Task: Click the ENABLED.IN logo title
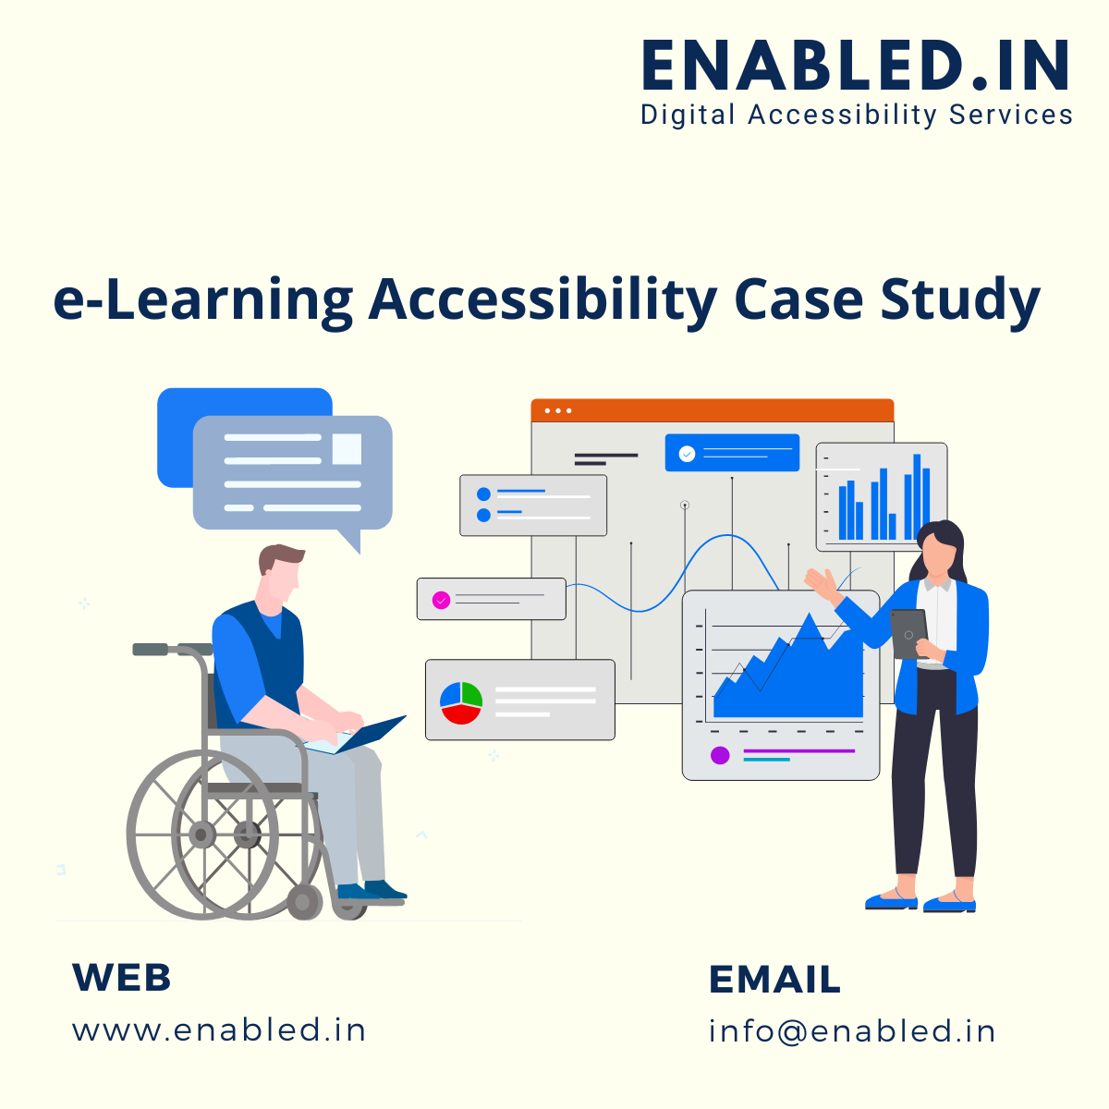pos(855,65)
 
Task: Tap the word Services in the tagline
pos(1011,115)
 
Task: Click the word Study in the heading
pos(959,301)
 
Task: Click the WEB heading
pos(121,977)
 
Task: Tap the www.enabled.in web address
pos(219,1030)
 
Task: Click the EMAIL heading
pos(774,979)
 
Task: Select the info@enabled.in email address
pos(852,1030)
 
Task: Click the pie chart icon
pos(460,702)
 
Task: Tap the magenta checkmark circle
pos(441,601)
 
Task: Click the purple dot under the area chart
pos(720,755)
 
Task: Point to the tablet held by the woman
pos(908,634)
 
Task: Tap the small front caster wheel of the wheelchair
pos(304,902)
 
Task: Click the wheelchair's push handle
pos(151,649)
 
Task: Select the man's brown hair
pos(280,557)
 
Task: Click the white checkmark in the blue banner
pos(687,454)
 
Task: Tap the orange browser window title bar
pos(712,410)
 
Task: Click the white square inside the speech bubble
pos(347,449)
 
